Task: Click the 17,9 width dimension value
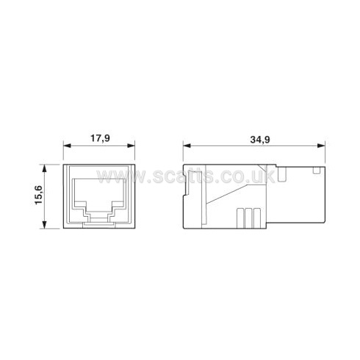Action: click(101, 138)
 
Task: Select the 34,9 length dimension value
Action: click(260, 140)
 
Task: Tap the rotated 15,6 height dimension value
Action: click(39, 195)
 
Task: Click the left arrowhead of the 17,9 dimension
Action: click(67, 145)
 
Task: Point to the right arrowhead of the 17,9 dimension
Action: click(132, 145)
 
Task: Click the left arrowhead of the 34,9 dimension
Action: click(187, 145)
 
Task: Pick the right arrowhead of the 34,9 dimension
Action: click(321, 145)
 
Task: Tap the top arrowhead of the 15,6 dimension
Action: click(44, 168)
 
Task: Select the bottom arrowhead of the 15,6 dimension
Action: click(44, 225)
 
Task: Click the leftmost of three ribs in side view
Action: click(240, 218)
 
